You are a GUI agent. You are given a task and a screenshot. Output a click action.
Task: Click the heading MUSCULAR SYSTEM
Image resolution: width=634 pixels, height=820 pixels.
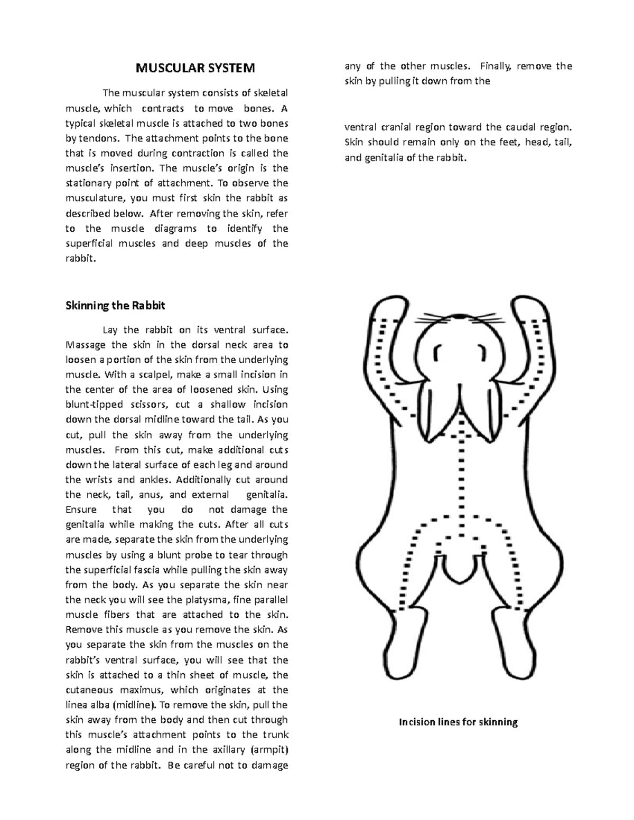coord(195,68)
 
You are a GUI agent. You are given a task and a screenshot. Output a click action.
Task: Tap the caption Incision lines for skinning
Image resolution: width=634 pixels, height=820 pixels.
coord(458,722)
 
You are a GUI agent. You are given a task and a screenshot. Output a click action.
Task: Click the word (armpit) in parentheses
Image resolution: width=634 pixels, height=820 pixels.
coord(269,749)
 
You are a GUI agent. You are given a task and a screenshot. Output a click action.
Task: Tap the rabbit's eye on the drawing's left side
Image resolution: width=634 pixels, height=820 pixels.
coord(438,352)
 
